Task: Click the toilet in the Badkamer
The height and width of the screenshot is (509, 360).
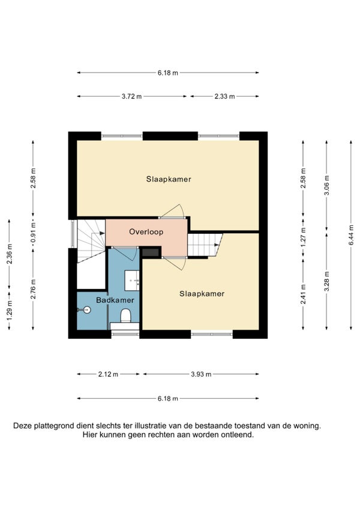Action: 125,315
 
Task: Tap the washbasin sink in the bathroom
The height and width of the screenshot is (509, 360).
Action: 132,280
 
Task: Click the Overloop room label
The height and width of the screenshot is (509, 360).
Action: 146,232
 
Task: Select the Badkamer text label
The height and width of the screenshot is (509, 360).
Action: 115,300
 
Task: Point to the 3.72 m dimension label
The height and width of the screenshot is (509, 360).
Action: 132,97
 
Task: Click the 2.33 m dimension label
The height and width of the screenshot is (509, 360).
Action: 224,97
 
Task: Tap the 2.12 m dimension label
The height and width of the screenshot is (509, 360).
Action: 108,374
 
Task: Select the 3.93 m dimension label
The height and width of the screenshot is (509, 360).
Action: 201,374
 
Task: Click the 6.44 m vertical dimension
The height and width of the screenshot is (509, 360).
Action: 351,236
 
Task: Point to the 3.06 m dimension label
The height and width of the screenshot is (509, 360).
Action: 327,185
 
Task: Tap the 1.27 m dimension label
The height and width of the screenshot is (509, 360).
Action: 303,237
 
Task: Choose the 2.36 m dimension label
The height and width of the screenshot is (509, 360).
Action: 9,254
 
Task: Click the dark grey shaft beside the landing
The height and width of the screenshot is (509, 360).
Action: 151,252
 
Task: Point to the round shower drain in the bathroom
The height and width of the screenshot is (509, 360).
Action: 86,310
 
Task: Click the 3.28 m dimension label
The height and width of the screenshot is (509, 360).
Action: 327,281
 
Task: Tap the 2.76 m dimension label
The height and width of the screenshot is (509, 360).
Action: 33,289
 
